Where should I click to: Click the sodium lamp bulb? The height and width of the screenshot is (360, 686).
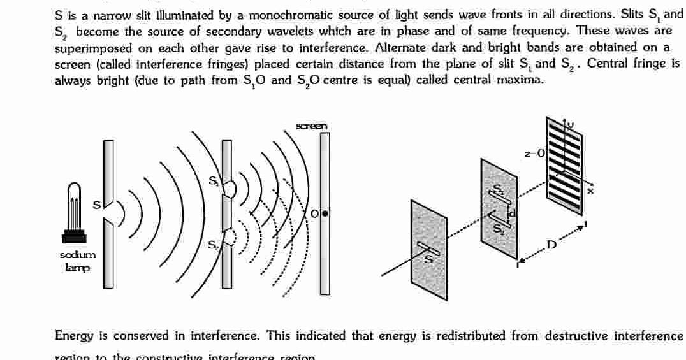pos(75,202)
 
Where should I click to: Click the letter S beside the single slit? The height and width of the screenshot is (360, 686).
pos(97,205)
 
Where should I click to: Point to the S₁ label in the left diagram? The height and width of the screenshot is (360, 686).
pos(214,182)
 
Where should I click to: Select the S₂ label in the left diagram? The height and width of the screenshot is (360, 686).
pos(213,244)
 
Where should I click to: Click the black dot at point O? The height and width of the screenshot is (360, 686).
pos(325,214)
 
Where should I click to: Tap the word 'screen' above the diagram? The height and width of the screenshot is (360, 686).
pos(312,126)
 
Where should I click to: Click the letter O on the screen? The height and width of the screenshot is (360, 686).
pos(315,215)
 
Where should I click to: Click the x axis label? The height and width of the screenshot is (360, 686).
pos(590,190)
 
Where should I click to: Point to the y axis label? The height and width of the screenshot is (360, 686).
pos(571,126)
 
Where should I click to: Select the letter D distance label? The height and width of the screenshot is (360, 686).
pos(551,245)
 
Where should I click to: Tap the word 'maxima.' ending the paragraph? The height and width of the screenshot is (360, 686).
pos(523,80)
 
